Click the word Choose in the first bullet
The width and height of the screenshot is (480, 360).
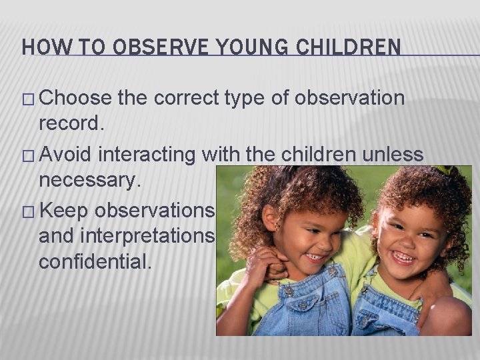click(75, 99)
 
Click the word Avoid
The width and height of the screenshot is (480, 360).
click(68, 155)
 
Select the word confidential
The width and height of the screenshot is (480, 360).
click(95, 260)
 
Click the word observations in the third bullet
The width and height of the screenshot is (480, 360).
click(155, 210)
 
